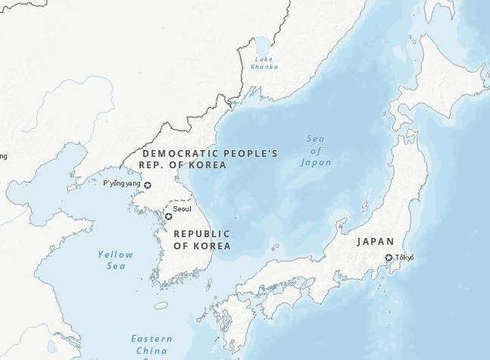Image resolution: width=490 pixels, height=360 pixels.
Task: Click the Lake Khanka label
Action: (x=264, y=63)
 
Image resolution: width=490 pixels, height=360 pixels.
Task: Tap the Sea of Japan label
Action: (x=316, y=150)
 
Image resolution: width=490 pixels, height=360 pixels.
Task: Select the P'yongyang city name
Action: (x=122, y=183)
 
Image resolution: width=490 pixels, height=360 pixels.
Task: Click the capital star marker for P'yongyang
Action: (x=148, y=185)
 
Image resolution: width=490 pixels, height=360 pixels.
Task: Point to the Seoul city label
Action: (x=182, y=208)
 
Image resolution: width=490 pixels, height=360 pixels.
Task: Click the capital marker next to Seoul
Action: (x=168, y=217)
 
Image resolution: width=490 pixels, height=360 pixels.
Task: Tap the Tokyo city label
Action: (x=404, y=258)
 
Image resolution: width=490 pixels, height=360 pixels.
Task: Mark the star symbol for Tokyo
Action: (x=389, y=258)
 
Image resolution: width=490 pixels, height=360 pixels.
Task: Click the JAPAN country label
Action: (x=376, y=242)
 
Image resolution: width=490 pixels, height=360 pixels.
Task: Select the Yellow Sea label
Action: (x=115, y=260)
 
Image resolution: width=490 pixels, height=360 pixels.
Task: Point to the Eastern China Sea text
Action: (x=151, y=345)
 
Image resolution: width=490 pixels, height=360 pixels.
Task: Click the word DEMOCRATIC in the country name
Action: (x=175, y=153)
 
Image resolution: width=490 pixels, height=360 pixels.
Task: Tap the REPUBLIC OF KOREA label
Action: (x=202, y=239)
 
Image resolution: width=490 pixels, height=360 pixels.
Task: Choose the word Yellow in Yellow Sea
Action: (x=115, y=255)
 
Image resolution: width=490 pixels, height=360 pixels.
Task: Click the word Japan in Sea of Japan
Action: (x=316, y=162)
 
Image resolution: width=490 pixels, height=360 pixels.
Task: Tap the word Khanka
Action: (x=264, y=67)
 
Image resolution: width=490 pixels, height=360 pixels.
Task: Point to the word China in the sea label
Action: (x=151, y=351)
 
